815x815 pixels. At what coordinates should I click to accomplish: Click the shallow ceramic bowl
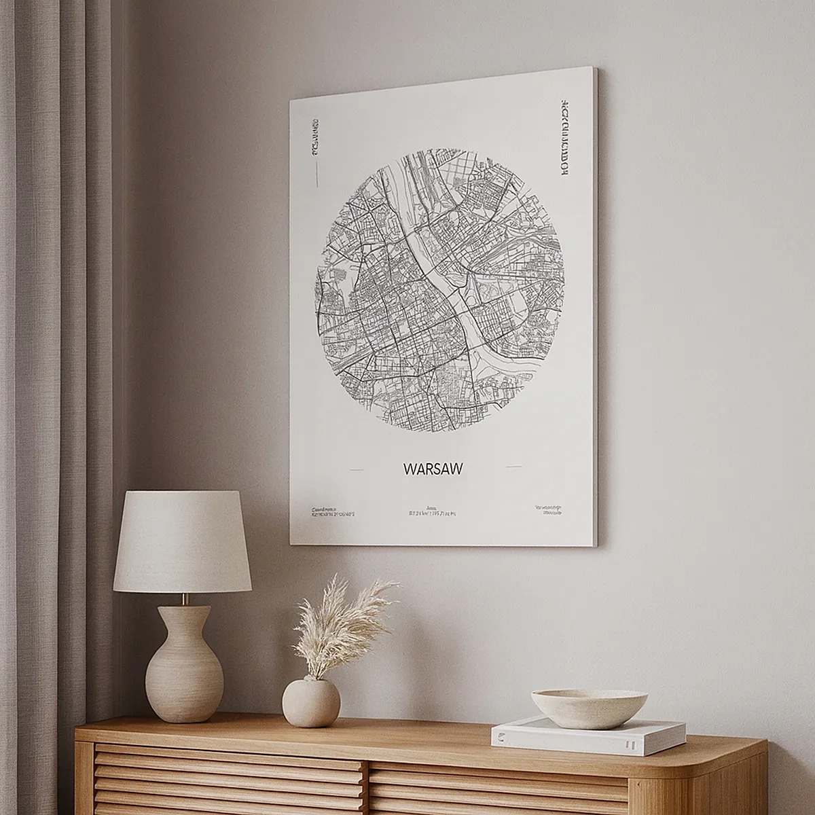coord(589,708)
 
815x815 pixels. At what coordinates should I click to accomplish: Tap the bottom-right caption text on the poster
coord(547,510)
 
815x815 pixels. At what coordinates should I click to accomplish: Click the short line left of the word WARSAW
coord(356,469)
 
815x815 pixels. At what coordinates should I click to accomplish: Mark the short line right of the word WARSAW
coord(514,467)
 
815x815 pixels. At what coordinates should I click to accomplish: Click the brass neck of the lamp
coord(184,600)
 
